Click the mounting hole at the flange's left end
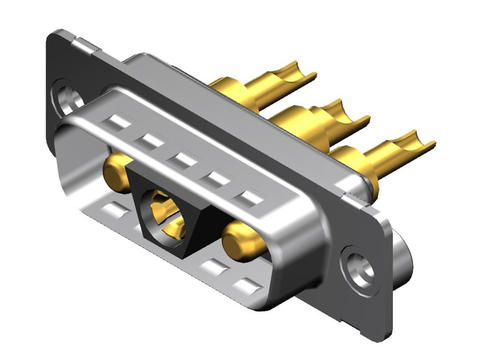pos(68,99)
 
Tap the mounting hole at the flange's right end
pos(357,267)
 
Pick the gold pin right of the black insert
pos(243,240)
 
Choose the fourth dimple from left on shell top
pos(215,178)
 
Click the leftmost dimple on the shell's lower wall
pos(116,210)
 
